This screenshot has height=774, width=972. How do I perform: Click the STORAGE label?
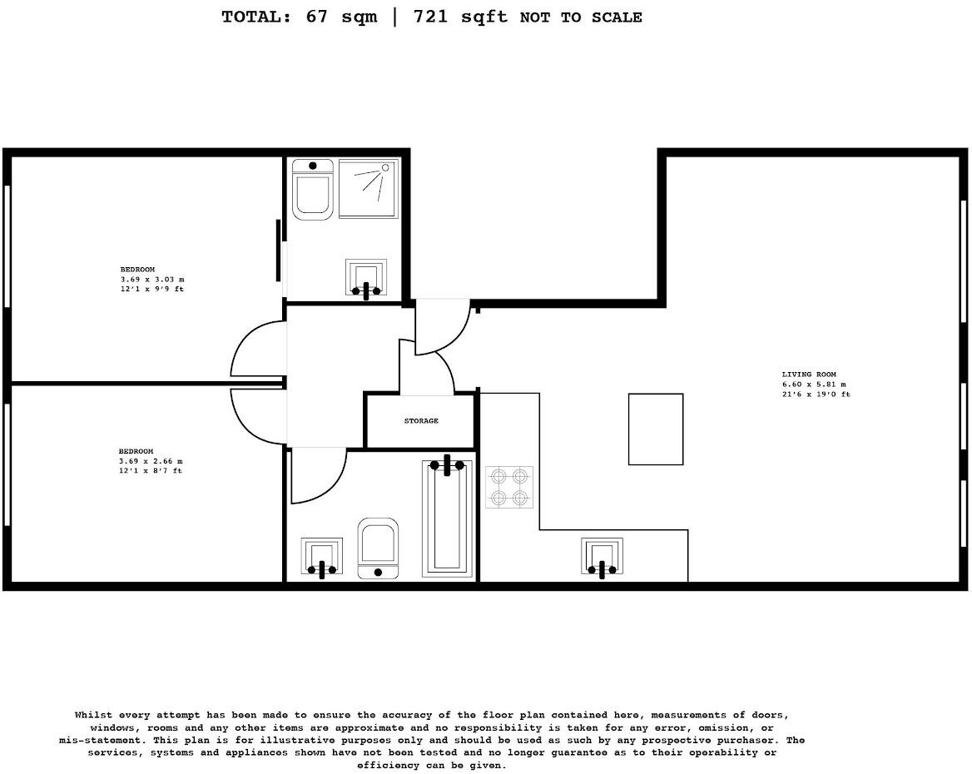point(421,421)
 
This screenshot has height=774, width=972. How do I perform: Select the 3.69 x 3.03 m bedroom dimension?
point(152,280)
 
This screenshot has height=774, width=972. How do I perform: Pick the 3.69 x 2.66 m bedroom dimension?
point(151,461)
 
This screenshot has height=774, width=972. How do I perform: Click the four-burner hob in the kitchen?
point(509,488)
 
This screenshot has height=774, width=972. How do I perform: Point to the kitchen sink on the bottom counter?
point(603,557)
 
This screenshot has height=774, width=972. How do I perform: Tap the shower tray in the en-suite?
point(368,189)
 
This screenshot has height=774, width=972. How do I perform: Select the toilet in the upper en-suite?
point(313,190)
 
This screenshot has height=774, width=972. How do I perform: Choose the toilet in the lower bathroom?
point(378,547)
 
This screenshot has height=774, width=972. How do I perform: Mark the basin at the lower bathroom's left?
point(321,557)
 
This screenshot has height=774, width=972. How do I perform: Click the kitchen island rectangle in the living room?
point(656,429)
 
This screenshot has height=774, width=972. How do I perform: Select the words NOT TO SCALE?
point(581,17)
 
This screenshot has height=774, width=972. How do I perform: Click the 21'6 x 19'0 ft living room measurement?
point(816,394)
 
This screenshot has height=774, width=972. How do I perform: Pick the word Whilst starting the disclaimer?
point(93,715)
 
